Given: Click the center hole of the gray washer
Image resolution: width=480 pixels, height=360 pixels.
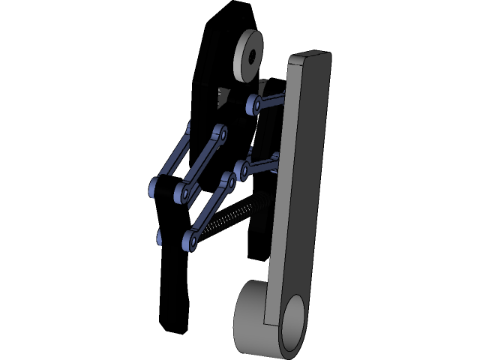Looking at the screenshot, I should tap(250, 55).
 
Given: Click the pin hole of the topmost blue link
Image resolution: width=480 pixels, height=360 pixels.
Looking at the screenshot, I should tap(256, 106).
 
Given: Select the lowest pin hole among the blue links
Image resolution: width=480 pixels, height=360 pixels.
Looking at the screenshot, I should tap(191, 241).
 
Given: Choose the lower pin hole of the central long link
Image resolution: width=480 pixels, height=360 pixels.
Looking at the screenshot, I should tap(183, 192).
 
